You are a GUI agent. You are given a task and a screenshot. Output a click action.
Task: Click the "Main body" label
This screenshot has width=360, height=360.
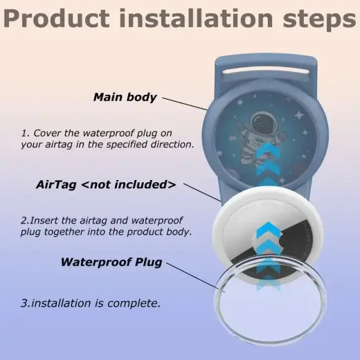coord(125,97)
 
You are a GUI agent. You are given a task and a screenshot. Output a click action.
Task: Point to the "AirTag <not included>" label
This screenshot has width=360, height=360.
coord(105,185)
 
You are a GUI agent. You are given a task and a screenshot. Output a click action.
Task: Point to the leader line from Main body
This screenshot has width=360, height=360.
coord(186,103)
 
